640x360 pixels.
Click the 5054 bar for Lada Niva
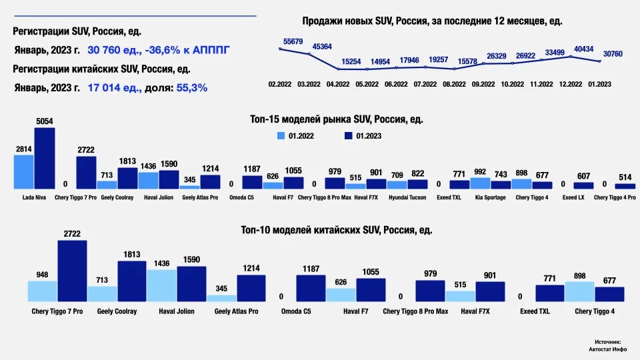tap(45, 159)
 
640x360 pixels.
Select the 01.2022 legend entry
tap(297, 136)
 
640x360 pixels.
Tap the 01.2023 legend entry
tap(365, 136)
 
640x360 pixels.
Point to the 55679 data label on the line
tap(293, 41)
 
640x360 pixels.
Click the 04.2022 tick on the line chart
tap(337, 85)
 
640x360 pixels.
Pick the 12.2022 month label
tap(571, 85)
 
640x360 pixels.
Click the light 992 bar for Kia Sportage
tap(481, 183)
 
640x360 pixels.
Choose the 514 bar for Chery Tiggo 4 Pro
tap(625, 186)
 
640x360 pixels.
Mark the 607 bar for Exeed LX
tap(583, 186)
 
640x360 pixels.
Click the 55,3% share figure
tap(192, 87)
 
